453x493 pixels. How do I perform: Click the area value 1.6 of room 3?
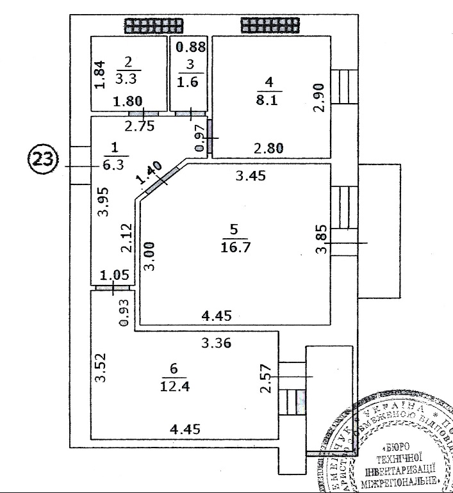[x=188, y=83]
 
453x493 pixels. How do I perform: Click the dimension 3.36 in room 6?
[x=216, y=344]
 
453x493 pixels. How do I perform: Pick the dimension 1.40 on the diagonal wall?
[x=148, y=174]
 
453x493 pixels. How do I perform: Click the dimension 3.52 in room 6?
[x=100, y=368]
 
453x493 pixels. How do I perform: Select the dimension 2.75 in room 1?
[x=141, y=126]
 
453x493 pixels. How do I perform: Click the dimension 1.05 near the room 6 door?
[x=116, y=276]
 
